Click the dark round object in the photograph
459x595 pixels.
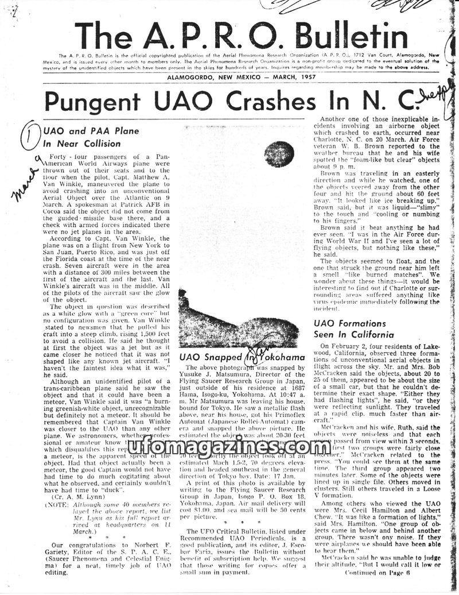[x=279, y=154]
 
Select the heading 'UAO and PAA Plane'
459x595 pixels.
[x=91, y=132]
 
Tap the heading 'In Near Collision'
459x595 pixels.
[x=83, y=144]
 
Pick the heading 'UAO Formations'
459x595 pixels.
[x=349, y=323]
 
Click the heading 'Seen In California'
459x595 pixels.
[x=354, y=334]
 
